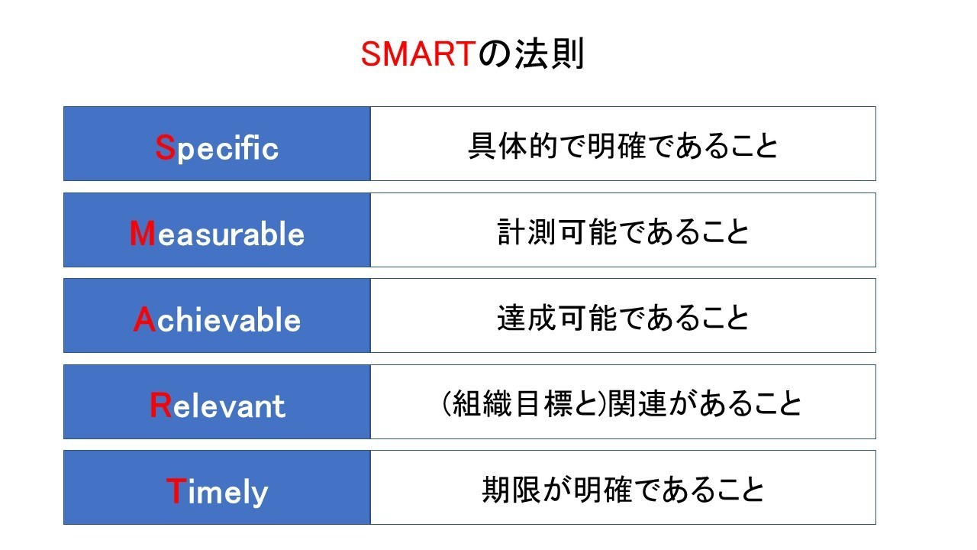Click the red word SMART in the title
[x=418, y=54]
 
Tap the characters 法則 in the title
[x=550, y=54]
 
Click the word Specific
[x=217, y=147]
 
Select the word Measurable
[x=217, y=233]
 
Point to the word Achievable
[x=217, y=319]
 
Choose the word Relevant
[x=218, y=405]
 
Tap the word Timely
[x=217, y=491]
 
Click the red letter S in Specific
[x=166, y=147]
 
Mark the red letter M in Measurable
[x=142, y=233]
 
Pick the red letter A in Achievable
[x=144, y=319]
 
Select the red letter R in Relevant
[x=160, y=405]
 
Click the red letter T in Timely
[x=176, y=490]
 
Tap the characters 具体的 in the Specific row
[x=513, y=146]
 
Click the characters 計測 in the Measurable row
[x=527, y=231]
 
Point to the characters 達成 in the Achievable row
[x=527, y=318]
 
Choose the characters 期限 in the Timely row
[x=511, y=490]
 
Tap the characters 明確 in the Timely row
[x=603, y=490]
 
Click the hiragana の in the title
[x=495, y=55]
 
